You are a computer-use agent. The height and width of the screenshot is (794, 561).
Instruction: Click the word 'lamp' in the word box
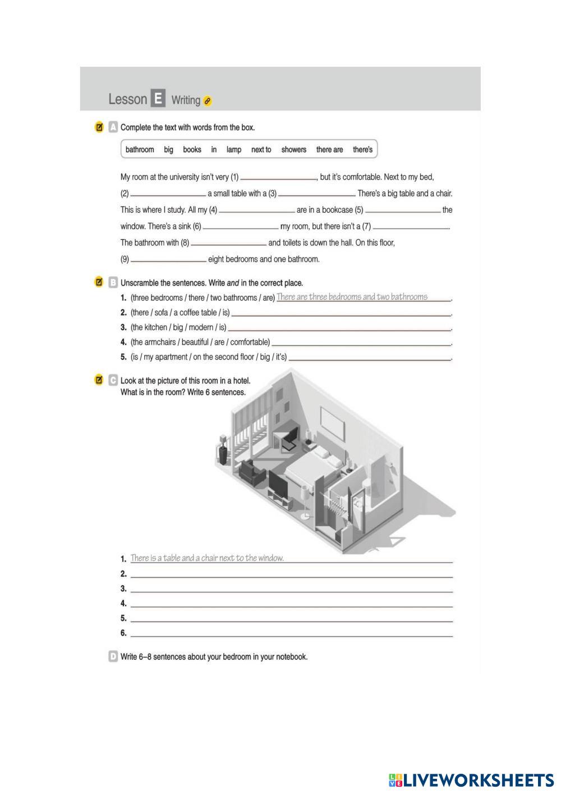pyautogui.click(x=234, y=149)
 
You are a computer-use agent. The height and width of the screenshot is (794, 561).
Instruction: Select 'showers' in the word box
pyautogui.click(x=293, y=149)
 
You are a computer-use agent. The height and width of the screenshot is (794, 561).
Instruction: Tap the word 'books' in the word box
pyautogui.click(x=192, y=149)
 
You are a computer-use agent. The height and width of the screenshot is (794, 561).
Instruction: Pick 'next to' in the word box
pyautogui.click(x=261, y=149)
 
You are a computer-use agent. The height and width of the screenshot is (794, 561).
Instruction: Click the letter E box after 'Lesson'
pyautogui.click(x=158, y=99)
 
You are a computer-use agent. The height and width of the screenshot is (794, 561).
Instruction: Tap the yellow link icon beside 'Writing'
pyautogui.click(x=208, y=101)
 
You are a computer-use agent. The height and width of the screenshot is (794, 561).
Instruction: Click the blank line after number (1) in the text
pyautogui.click(x=278, y=178)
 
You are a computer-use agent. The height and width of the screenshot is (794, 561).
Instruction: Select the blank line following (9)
pyautogui.click(x=168, y=260)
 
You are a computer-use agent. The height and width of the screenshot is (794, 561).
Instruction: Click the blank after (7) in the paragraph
pyautogui.click(x=411, y=227)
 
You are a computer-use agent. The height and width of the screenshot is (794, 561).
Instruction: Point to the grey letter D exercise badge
pyautogui.click(x=113, y=656)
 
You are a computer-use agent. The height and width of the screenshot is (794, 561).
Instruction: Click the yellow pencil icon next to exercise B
pyautogui.click(x=99, y=282)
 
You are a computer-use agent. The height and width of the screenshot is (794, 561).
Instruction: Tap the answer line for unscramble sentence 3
pyautogui.click(x=339, y=329)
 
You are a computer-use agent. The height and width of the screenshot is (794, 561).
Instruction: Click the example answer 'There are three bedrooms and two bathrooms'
pyautogui.click(x=352, y=296)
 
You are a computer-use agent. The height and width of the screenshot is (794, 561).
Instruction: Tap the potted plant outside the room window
pyautogui.click(x=223, y=449)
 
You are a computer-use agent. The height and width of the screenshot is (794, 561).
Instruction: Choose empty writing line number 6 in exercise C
pyautogui.click(x=291, y=635)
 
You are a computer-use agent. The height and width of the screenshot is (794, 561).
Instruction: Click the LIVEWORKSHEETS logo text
pyautogui.click(x=478, y=780)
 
